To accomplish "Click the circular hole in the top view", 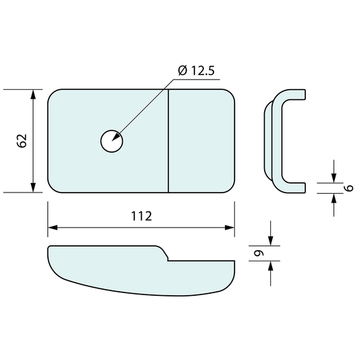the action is (112, 141).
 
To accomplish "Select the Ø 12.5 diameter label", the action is (197, 70).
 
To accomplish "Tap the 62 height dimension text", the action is (22, 140).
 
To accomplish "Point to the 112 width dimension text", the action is (141, 216).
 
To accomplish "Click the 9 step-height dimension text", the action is (259, 253).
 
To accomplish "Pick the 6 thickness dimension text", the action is (349, 188).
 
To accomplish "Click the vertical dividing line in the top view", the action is (168, 140).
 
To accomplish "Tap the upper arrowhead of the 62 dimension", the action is (33, 95).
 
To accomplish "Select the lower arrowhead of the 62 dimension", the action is (33, 188).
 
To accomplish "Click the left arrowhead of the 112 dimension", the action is (53, 228).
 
